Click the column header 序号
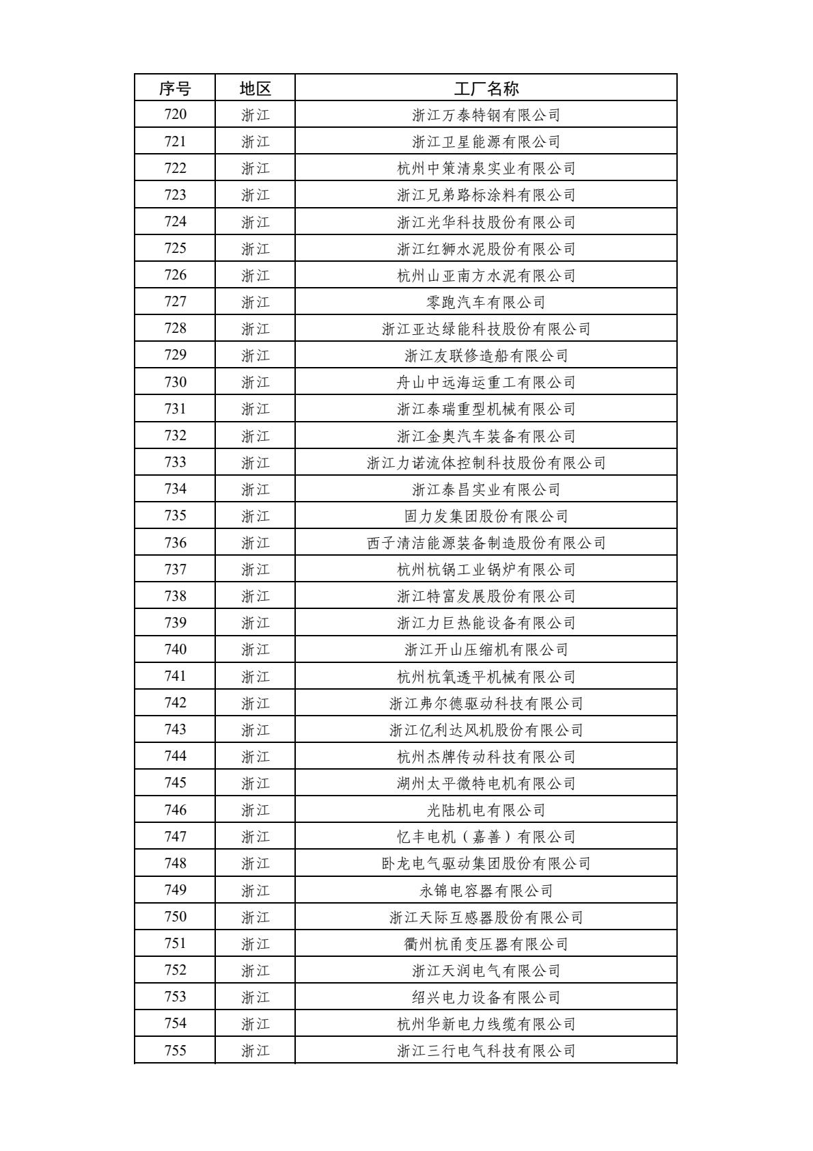click(x=175, y=88)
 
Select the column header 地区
click(x=256, y=88)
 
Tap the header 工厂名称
click(x=486, y=88)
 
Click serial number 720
click(x=175, y=115)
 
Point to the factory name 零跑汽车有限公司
click(x=486, y=302)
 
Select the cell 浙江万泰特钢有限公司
click(x=486, y=115)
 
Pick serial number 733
click(x=175, y=463)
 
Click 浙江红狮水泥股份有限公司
click(x=486, y=249)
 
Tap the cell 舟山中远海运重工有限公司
click(x=486, y=382)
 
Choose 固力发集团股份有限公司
click(x=486, y=516)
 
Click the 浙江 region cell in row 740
click(x=256, y=649)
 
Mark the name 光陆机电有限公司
click(x=486, y=810)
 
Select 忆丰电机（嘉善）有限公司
click(x=486, y=837)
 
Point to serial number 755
click(x=175, y=1051)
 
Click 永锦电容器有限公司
click(x=486, y=890)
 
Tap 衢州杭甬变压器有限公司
click(x=486, y=944)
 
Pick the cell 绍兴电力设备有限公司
click(x=486, y=997)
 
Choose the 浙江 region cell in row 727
click(x=256, y=302)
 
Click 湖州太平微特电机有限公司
click(x=486, y=783)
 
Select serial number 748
click(x=175, y=863)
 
